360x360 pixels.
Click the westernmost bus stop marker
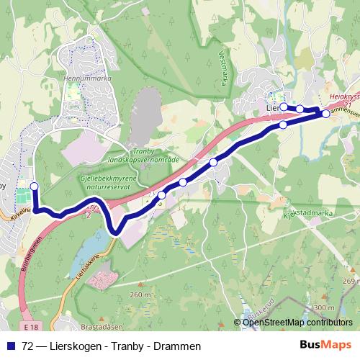[34, 186]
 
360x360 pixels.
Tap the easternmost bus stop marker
[325, 114]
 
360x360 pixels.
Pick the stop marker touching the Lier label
[283, 107]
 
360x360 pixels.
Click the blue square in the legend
[12, 346]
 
